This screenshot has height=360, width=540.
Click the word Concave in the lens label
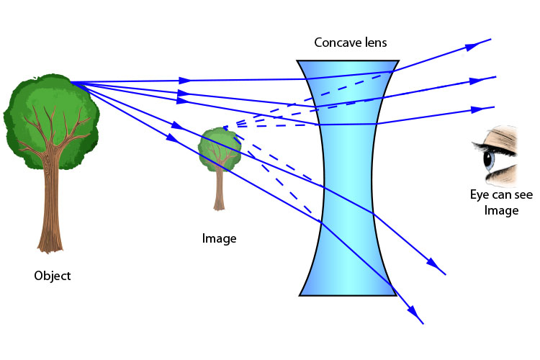[x=336, y=42]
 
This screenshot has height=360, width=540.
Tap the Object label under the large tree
[x=53, y=276]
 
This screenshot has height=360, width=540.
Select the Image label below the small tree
[x=219, y=238]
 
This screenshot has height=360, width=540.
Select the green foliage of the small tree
[x=217, y=148]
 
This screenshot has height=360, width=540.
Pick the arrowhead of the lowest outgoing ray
[x=415, y=314]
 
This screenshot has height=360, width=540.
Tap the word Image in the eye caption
[x=501, y=211]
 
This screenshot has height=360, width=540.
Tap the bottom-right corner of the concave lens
[x=395, y=294]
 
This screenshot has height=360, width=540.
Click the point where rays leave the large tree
[x=72, y=83]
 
